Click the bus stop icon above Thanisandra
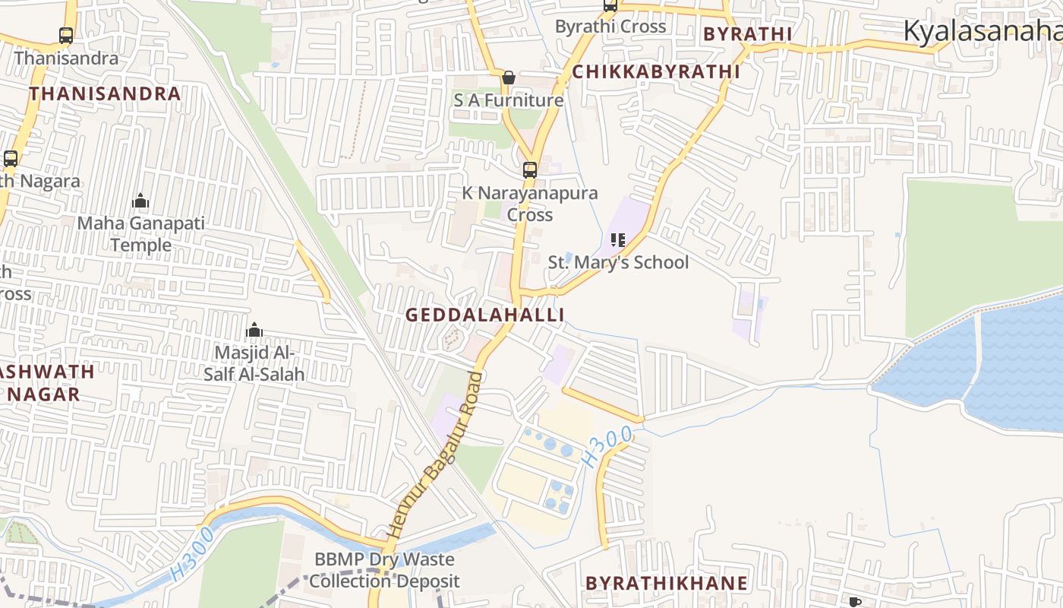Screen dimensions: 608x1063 click(66, 35)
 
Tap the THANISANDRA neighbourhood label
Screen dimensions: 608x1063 click(105, 93)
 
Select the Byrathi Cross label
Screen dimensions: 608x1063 click(610, 27)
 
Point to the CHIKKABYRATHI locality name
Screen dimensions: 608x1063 click(655, 71)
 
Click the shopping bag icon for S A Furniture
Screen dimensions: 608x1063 click(509, 78)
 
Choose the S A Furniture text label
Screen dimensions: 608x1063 click(509, 100)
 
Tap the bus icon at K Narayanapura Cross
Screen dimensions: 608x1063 click(530, 170)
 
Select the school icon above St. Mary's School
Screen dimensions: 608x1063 click(618, 240)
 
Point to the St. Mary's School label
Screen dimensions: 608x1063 click(618, 262)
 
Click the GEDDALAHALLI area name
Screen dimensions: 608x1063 click(484, 315)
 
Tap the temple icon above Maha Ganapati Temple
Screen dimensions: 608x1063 click(140, 201)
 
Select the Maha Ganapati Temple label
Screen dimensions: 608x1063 click(141, 234)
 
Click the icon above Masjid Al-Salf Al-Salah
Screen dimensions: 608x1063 click(254, 330)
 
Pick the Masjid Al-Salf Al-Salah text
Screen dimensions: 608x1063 click(254, 363)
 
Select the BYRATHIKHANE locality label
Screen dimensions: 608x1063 click(666, 583)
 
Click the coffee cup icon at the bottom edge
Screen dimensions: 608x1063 click(855, 602)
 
